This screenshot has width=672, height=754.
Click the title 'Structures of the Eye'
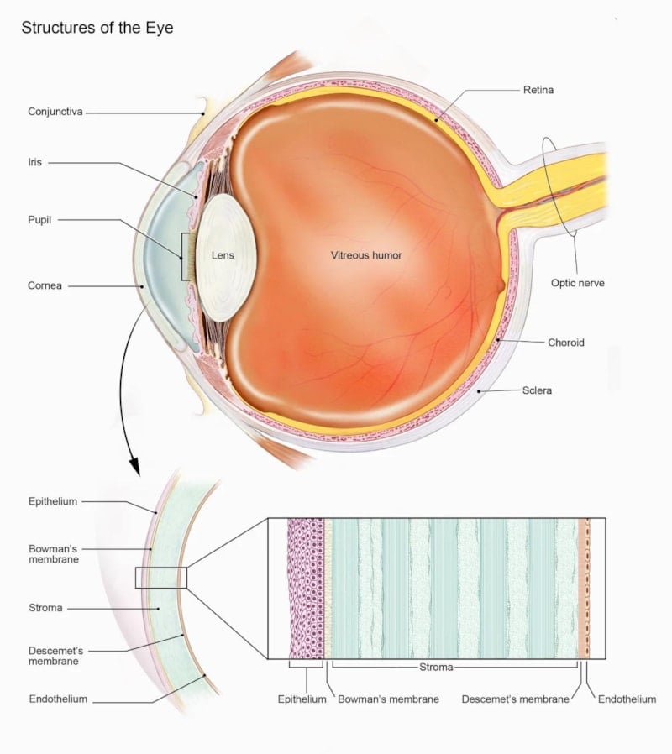[97, 28]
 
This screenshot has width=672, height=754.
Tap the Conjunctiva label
[55, 112]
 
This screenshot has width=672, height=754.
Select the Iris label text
[34, 162]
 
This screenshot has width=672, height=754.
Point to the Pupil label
[39, 220]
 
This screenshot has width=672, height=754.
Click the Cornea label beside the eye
[45, 285]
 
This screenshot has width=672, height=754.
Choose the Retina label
[538, 90]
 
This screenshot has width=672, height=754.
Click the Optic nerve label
[578, 283]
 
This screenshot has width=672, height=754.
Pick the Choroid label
[566, 343]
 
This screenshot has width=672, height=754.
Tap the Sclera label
[537, 390]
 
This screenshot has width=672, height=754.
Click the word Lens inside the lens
[223, 255]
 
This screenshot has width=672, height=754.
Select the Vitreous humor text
[366, 255]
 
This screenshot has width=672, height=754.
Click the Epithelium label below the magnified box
[302, 699]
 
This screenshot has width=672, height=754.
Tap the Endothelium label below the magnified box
[627, 699]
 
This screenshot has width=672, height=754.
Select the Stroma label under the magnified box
[436, 667]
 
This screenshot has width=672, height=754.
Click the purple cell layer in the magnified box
[306, 588]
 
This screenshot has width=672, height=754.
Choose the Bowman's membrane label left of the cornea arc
[54, 554]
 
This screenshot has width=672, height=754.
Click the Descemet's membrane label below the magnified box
[515, 699]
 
